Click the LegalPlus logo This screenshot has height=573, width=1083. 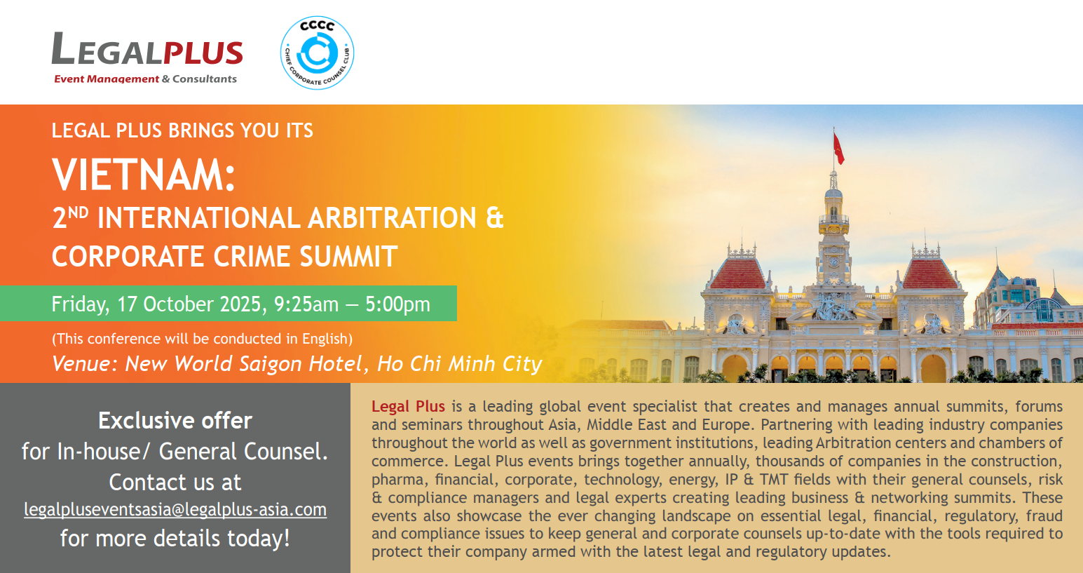147,58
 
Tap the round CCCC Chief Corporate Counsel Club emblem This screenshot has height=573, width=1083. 317,53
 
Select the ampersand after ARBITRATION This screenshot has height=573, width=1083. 495,217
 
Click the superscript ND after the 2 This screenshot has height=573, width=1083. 78,213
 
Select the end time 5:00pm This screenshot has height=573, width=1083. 397,304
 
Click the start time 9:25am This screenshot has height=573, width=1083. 306,304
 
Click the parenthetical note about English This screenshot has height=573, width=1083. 202,339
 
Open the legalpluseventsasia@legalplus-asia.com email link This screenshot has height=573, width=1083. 175,510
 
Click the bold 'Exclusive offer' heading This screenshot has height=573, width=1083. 175,421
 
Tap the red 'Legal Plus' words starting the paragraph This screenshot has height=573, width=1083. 408,407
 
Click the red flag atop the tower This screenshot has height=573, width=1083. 838,149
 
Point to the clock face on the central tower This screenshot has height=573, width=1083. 834,262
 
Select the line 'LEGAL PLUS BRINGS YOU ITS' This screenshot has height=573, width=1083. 182,130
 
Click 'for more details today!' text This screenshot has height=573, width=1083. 175,538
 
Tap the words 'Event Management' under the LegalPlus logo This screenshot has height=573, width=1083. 107,79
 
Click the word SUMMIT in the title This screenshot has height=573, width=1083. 348,256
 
